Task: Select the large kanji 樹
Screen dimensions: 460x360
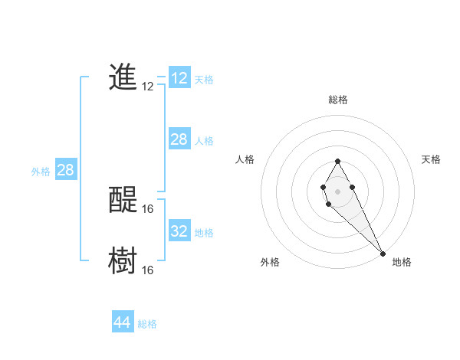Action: (x=123, y=260)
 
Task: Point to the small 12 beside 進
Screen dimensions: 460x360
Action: (x=148, y=87)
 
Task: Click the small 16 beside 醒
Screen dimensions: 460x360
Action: (x=148, y=208)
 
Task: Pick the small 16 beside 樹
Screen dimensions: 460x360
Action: (x=148, y=270)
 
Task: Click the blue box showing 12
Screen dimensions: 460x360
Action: (x=179, y=78)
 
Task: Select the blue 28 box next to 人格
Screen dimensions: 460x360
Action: (x=179, y=139)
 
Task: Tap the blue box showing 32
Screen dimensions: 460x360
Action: (x=179, y=231)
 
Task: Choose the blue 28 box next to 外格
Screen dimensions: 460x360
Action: (x=65, y=170)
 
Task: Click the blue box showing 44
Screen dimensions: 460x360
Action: (x=122, y=322)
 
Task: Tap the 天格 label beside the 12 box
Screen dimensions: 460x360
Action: (x=204, y=80)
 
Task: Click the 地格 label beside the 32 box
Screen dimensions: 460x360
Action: (x=204, y=233)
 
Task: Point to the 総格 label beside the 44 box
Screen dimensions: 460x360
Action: (x=147, y=324)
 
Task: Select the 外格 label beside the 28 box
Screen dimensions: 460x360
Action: (x=41, y=172)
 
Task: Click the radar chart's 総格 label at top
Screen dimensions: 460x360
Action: (x=337, y=100)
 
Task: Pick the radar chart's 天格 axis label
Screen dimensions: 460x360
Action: (x=431, y=159)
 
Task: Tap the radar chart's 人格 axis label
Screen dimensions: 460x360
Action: (x=245, y=159)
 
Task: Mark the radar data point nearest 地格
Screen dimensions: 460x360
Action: (x=383, y=254)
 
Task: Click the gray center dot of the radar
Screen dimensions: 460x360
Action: (x=337, y=191)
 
